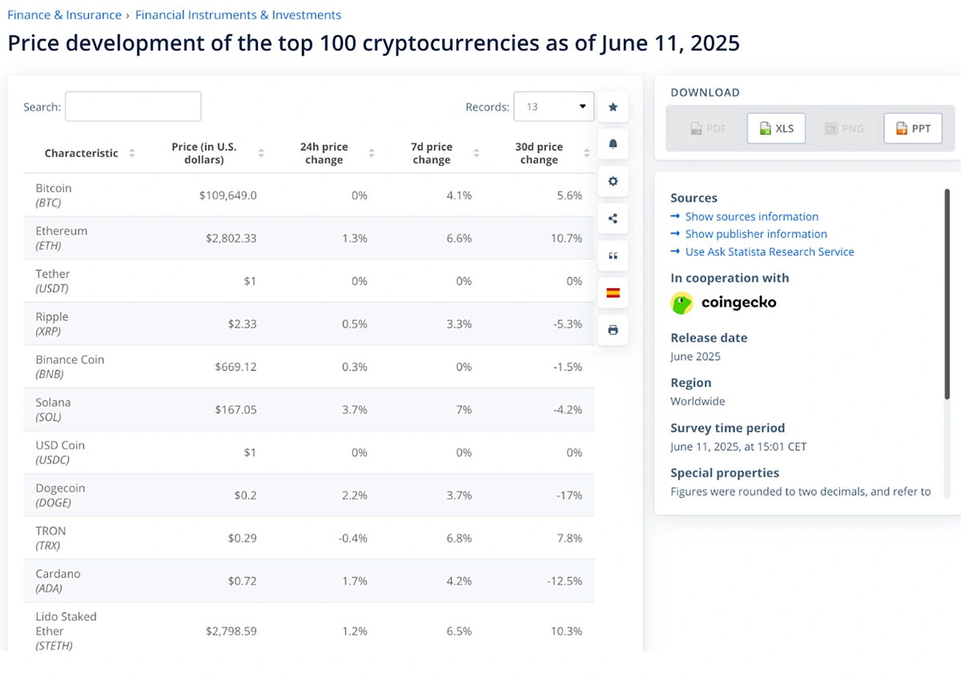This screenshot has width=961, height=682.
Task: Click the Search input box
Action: pyautogui.click(x=133, y=106)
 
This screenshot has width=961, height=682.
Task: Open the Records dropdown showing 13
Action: pyautogui.click(x=553, y=106)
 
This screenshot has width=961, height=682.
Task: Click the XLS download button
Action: pyautogui.click(x=776, y=128)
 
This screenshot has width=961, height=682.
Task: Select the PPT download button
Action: pyautogui.click(x=913, y=128)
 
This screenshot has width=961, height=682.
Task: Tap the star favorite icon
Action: pyautogui.click(x=613, y=106)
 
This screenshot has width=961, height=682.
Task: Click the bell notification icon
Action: pyautogui.click(x=613, y=144)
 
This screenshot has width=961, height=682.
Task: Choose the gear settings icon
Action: pyautogui.click(x=613, y=181)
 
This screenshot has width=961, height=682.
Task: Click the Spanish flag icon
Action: pyautogui.click(x=613, y=293)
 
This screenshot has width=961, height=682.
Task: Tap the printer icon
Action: pyautogui.click(x=613, y=330)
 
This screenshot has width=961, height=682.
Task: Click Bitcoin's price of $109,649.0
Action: pyautogui.click(x=227, y=195)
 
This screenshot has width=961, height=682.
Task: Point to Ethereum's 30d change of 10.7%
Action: pyautogui.click(x=566, y=239)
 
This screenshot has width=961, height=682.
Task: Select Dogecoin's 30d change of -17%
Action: pyautogui.click(x=569, y=495)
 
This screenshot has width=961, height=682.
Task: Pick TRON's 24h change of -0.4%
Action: pyautogui.click(x=352, y=538)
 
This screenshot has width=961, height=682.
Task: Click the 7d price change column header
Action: pyautogui.click(x=432, y=153)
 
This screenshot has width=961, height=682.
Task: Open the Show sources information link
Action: pyautogui.click(x=751, y=217)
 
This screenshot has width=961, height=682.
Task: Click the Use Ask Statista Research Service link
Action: pyautogui.click(x=769, y=252)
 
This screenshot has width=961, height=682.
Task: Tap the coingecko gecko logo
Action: pyautogui.click(x=682, y=303)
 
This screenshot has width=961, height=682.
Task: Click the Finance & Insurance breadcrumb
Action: pyautogui.click(x=64, y=15)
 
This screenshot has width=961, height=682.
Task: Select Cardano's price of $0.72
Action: pyautogui.click(x=241, y=581)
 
